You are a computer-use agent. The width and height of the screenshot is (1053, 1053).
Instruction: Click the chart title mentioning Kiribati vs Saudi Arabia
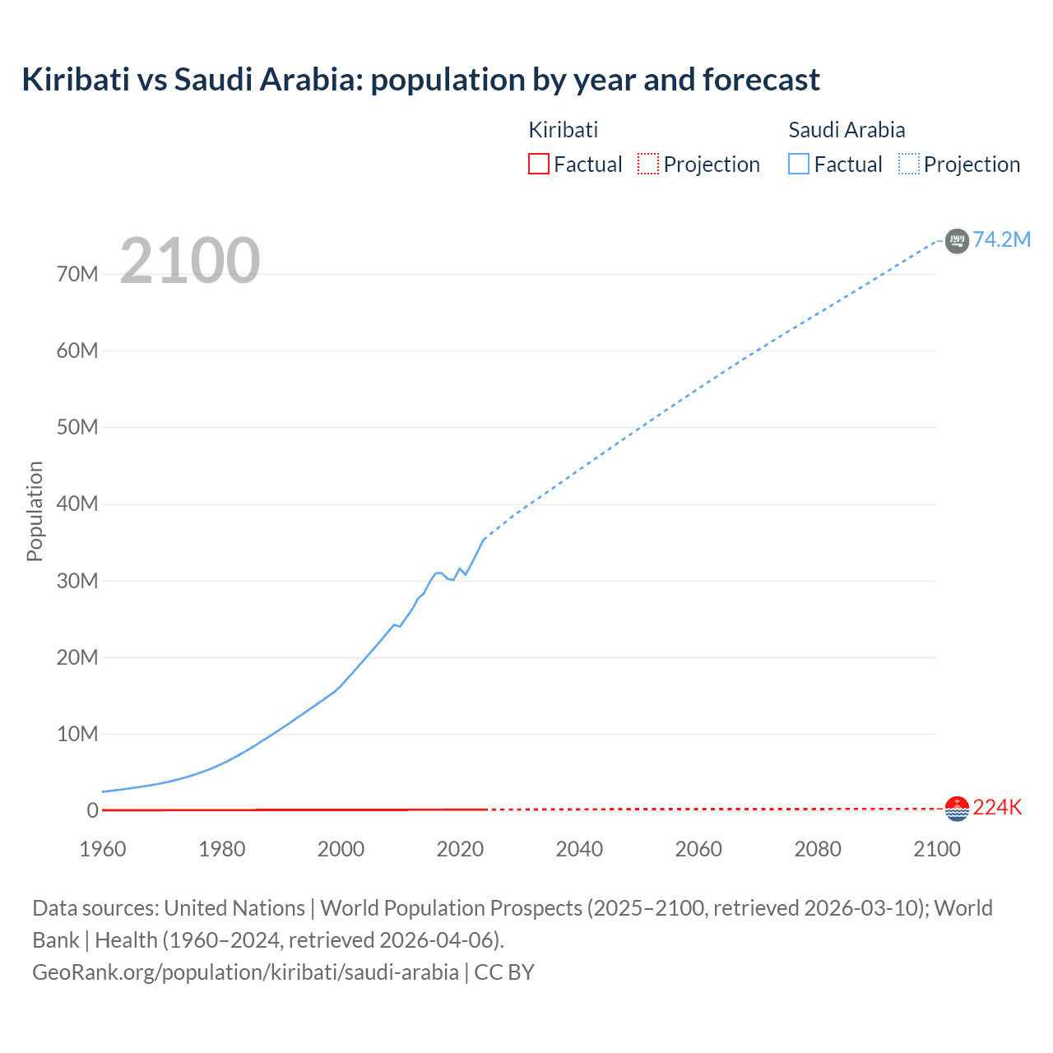click(420, 80)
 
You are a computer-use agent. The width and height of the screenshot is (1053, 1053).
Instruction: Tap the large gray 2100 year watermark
click(190, 261)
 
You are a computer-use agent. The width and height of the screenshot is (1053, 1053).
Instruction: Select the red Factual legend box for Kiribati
click(538, 164)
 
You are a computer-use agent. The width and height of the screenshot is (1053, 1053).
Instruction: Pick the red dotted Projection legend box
click(648, 164)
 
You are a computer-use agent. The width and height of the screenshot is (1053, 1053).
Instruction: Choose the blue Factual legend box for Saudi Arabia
click(798, 164)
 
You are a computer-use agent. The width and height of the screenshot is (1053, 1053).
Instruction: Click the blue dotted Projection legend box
click(908, 164)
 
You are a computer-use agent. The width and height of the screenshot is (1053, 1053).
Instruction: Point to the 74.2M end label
click(1001, 239)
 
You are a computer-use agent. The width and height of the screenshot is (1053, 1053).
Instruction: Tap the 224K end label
click(997, 807)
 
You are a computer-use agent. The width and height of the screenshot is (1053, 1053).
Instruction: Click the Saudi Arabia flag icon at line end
click(957, 240)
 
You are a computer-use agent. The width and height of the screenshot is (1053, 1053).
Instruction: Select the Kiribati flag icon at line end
click(957, 809)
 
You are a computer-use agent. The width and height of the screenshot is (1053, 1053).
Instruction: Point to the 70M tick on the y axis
click(77, 274)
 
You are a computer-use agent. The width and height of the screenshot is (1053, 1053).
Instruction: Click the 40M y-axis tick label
click(77, 503)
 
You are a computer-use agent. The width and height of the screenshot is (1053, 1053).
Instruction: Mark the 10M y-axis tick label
click(77, 734)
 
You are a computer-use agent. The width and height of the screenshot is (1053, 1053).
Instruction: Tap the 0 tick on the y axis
click(92, 810)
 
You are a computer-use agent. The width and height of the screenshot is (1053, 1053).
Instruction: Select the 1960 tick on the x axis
click(103, 849)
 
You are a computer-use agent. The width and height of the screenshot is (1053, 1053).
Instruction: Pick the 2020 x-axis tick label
click(460, 849)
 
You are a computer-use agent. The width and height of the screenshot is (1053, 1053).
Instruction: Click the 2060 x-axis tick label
click(698, 849)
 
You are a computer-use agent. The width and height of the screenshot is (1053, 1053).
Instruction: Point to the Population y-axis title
click(35, 511)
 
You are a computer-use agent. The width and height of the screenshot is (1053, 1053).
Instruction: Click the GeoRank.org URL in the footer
click(245, 972)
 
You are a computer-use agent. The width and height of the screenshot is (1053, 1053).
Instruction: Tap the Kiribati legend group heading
click(563, 130)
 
